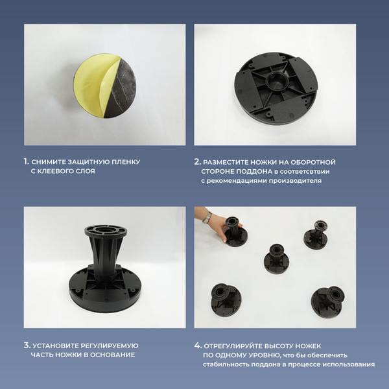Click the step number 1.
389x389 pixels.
(x=26, y=161)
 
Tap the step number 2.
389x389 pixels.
(x=197, y=161)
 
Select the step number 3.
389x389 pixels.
(x=27, y=345)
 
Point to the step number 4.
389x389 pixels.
(x=198, y=345)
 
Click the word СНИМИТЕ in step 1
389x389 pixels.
(x=48, y=161)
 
